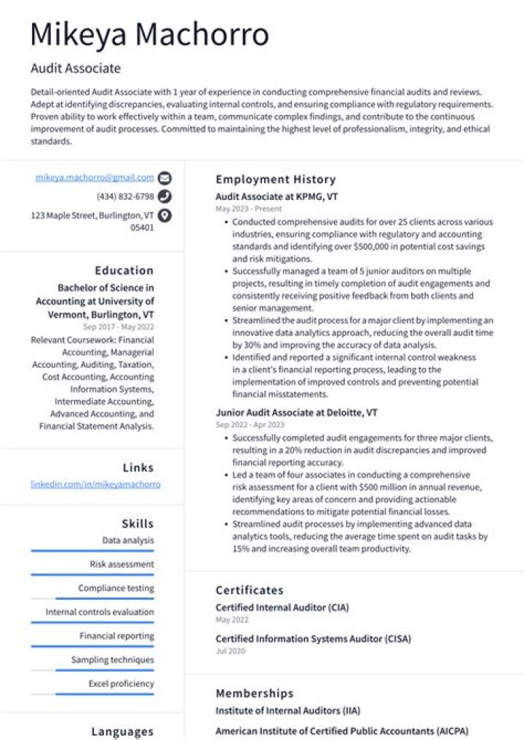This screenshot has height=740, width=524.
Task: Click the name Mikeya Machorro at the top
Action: point(150,34)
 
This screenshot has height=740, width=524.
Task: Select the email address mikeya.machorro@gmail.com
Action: point(95,177)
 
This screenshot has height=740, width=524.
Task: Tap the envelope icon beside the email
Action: point(165,177)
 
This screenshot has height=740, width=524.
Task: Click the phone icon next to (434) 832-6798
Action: point(165,196)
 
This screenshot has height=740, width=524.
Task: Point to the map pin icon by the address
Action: point(165,215)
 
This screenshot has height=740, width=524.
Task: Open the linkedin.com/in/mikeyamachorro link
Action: point(95,484)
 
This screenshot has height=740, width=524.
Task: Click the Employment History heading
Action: point(275,180)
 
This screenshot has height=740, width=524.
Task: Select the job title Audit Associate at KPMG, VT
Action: point(277,197)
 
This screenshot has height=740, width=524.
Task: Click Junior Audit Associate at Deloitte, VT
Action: point(296,412)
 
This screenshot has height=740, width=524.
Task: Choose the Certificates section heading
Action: point(249,590)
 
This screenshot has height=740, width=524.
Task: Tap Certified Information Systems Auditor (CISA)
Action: point(313,639)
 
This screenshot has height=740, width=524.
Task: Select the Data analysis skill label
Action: point(128,541)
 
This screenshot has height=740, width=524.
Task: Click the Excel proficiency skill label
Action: point(121,684)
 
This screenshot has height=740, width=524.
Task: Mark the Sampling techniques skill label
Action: point(112,660)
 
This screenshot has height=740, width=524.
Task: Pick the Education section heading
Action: point(124,270)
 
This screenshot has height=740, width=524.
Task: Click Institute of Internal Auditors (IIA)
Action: point(287,710)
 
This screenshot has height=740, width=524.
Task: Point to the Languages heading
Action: point(122,731)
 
